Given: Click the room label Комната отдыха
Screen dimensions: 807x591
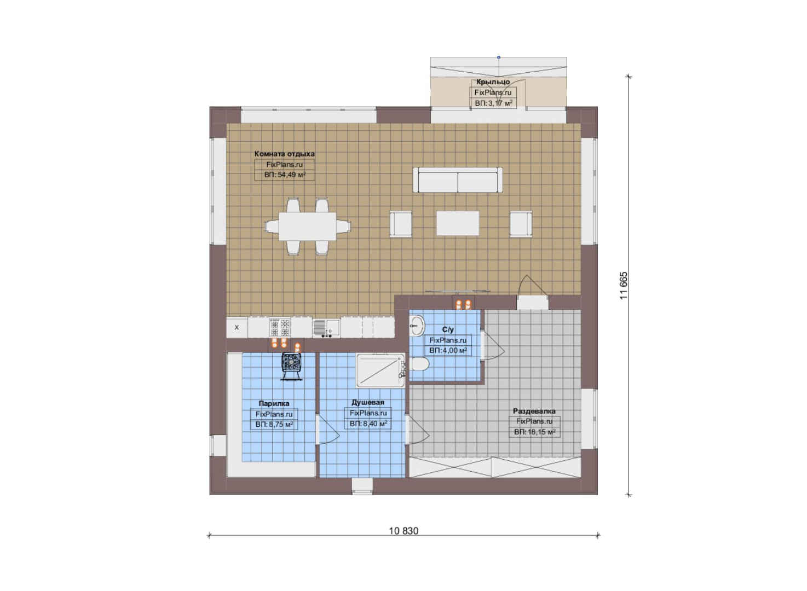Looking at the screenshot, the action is click(284, 154).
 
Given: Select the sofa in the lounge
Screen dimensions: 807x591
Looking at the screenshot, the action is click(458, 180).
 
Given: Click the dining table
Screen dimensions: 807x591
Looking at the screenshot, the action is click(308, 226).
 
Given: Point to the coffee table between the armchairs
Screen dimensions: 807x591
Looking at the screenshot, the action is click(458, 223).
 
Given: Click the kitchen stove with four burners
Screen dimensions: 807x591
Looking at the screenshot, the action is click(280, 327).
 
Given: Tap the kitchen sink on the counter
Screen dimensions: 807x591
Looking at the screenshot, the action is click(326, 328).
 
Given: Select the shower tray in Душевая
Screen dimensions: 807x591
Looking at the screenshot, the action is click(381, 371).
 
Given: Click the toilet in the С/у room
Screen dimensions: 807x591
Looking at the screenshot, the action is click(419, 364).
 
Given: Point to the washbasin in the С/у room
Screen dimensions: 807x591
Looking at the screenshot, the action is click(417, 326).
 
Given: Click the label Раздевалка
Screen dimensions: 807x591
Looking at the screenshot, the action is click(534, 411).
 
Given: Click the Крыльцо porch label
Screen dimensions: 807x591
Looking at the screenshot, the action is click(493, 82).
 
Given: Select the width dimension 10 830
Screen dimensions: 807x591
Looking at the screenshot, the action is click(403, 531).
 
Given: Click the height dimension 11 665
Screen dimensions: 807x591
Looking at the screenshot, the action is click(624, 286).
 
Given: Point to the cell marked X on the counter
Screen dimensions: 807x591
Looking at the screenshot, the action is click(237, 327).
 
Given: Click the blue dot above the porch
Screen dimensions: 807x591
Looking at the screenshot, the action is click(499, 57).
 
